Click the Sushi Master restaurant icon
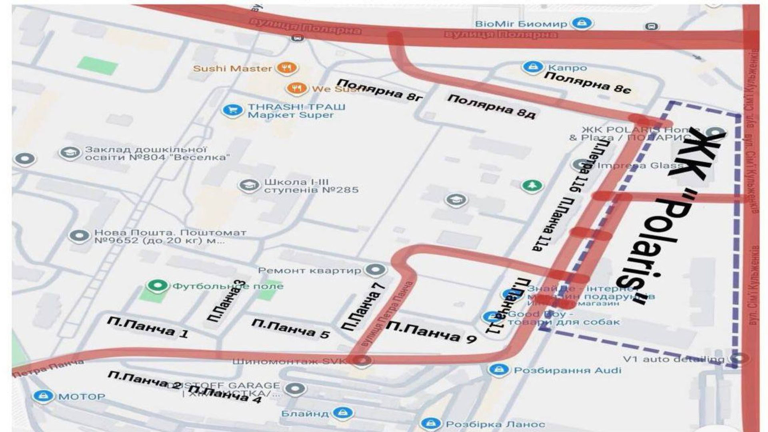pos(286,68)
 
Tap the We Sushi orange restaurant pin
pos(296,88)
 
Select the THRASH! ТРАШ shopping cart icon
pos(232,110)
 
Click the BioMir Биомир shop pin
pos(581,23)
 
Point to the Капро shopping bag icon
pos(532,67)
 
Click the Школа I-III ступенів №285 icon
pos(248,185)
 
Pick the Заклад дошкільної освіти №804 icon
pos(70,153)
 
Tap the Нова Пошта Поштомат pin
pos(79,236)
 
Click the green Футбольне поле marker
pos(157,286)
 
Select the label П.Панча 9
pos(431,332)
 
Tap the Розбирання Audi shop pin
pos(498,369)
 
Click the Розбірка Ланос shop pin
pos(430,423)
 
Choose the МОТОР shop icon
pos(43,396)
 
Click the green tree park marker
pos(532,186)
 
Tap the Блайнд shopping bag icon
pos(342,412)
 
